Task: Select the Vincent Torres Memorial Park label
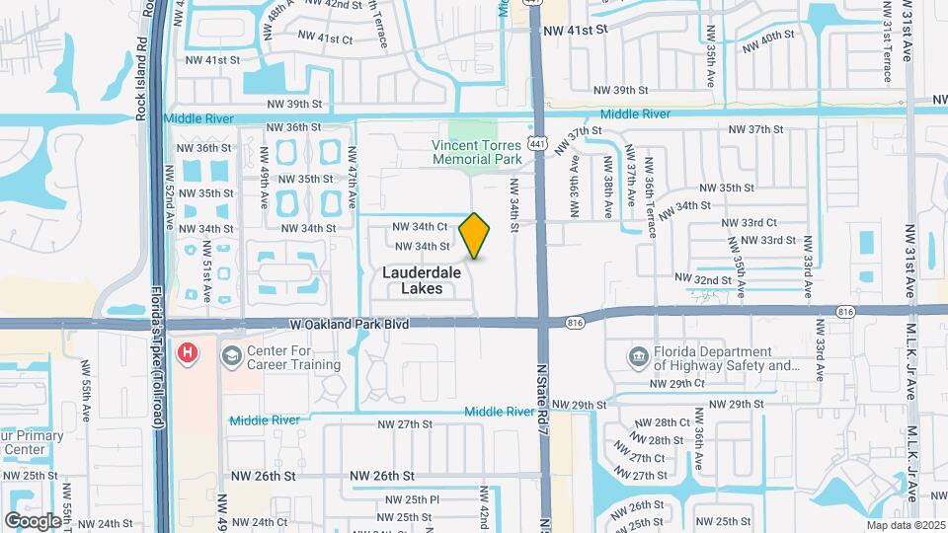pos(476,151)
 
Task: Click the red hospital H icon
pos(186,352)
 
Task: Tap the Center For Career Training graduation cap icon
pos(231,356)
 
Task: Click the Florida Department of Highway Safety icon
pos(638,356)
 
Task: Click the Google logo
pos(33,520)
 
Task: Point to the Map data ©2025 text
pos(905,524)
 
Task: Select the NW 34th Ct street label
pos(422,226)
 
